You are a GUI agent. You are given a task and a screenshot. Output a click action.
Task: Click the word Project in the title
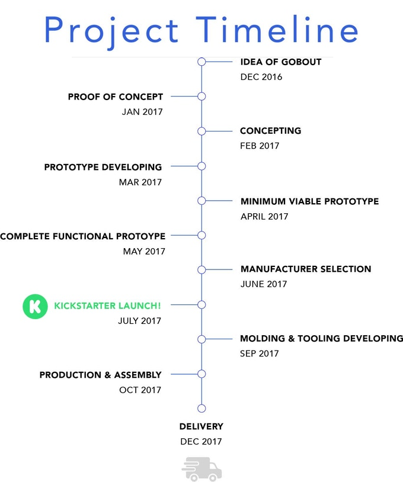(x=111, y=31)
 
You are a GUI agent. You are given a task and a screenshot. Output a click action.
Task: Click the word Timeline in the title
(x=277, y=29)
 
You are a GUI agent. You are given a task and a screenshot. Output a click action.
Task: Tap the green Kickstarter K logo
(x=35, y=307)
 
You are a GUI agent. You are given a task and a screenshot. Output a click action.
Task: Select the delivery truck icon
(x=202, y=469)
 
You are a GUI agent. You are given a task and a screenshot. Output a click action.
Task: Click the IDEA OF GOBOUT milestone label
(x=281, y=62)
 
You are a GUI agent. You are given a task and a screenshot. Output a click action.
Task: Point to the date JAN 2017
(x=142, y=111)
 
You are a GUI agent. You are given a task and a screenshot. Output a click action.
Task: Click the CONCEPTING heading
(x=270, y=131)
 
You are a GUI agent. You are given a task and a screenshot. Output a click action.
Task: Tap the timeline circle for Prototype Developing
(x=201, y=166)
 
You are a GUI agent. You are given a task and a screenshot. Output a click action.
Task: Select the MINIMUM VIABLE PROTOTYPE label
(x=309, y=201)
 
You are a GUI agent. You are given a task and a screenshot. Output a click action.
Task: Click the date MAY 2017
(x=144, y=252)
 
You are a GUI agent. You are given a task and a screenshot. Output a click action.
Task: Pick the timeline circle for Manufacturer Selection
(x=201, y=269)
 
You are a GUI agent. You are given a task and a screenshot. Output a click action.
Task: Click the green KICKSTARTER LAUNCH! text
(x=107, y=306)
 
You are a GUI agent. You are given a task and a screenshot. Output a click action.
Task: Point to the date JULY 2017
(x=140, y=320)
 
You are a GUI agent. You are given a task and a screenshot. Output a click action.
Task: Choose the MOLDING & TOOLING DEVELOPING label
(x=321, y=339)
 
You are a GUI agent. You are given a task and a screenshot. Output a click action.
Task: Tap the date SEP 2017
(x=260, y=354)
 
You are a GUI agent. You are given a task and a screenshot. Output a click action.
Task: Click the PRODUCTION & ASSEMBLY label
(x=100, y=375)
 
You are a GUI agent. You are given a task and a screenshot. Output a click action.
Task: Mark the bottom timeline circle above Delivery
(x=201, y=409)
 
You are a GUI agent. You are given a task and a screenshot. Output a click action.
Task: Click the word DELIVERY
(x=201, y=426)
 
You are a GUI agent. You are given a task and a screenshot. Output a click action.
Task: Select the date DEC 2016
(x=261, y=77)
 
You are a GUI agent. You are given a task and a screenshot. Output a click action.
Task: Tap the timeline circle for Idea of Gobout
(x=201, y=62)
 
